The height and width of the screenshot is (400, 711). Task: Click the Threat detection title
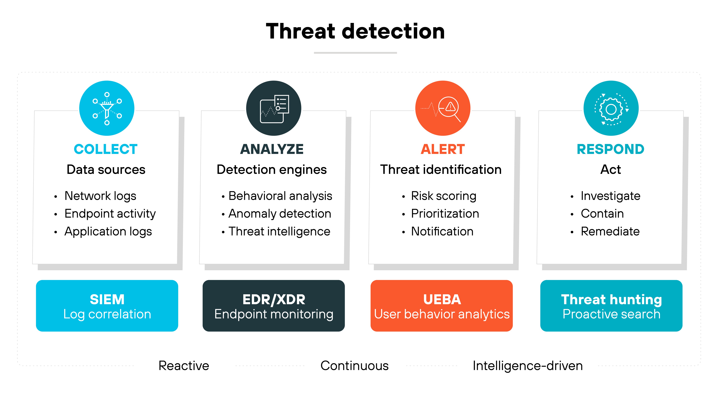point(355,31)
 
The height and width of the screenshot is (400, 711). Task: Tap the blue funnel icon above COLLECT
point(107,108)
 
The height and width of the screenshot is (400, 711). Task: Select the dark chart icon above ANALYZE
point(274,108)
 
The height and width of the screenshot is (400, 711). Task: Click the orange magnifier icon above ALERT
point(443,108)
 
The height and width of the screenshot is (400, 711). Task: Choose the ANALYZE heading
point(272,149)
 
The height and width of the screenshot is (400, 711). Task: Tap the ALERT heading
point(443,149)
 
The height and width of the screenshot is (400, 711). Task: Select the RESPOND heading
point(610,149)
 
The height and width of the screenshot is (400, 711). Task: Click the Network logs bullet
point(100,196)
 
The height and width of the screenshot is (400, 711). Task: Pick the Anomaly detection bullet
point(280,214)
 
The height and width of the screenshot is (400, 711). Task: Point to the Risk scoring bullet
point(444,196)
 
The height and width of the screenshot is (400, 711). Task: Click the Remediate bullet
point(610,231)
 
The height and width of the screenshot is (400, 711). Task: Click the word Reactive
point(184,366)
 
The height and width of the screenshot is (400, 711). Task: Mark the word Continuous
point(354,366)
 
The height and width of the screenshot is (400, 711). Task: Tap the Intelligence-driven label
point(528,366)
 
